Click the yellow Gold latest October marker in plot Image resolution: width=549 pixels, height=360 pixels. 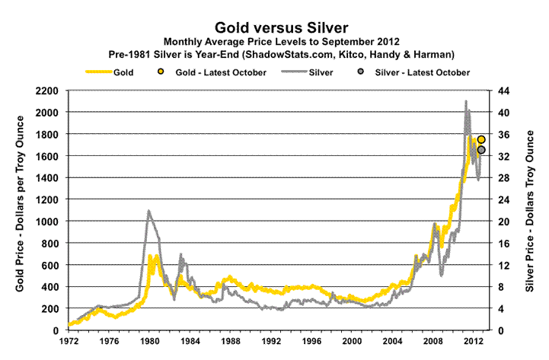coord(481,140)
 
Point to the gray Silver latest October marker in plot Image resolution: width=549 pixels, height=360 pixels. coord(481,150)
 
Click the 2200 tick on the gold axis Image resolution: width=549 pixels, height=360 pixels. coord(49,91)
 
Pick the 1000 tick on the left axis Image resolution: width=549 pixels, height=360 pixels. coord(49,221)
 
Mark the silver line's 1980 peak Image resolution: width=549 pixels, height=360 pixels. coord(148,211)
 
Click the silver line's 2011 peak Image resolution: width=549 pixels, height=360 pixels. coord(466,101)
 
